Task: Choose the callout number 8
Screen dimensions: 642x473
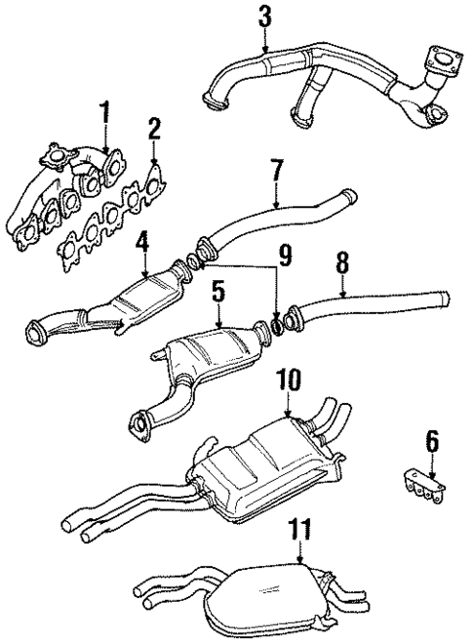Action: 342,261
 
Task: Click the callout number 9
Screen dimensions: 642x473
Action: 283,256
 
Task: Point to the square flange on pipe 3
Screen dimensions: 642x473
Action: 446,60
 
